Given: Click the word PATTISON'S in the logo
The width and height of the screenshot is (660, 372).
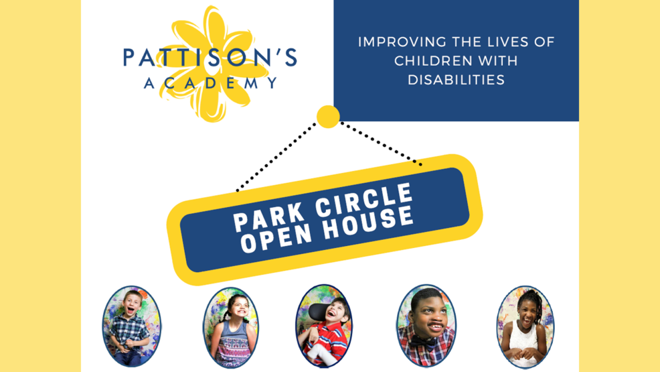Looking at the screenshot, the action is [210, 58].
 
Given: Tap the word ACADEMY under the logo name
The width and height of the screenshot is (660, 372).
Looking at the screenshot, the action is [211, 82].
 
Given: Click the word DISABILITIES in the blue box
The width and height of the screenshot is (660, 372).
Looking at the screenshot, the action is [457, 80].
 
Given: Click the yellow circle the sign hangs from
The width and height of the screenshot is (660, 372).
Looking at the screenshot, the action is [328, 117].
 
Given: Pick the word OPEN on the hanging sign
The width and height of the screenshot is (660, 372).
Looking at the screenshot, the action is [276, 237].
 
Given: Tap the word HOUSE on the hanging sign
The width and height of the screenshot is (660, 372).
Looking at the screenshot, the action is [368, 222].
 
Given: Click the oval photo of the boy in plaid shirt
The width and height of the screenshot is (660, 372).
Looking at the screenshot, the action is [131, 326].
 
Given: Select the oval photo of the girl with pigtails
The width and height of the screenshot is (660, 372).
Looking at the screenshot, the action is [231, 328].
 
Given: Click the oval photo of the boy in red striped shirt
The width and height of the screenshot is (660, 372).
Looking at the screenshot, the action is [324, 326].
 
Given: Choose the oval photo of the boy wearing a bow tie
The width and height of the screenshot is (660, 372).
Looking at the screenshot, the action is [426, 326].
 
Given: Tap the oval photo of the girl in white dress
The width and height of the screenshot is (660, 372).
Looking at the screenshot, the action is [525, 327].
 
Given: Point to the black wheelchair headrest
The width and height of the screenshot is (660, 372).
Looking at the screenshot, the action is [317, 312].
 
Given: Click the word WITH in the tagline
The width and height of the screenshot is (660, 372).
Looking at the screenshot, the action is [497, 61].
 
